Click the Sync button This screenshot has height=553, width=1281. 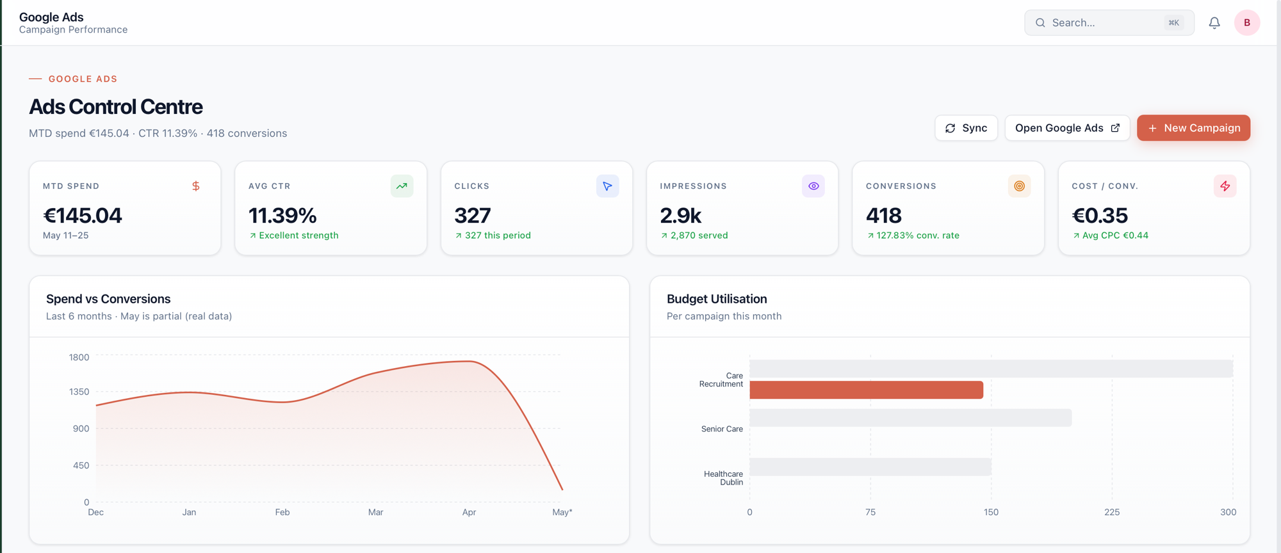pos(966,128)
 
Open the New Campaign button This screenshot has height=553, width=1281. pos(1193,128)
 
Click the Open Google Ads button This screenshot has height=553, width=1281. pos(1067,128)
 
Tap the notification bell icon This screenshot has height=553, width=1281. pos(1214,23)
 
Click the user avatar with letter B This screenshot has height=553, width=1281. pos(1247,23)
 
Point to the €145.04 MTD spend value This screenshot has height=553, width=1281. pos(83,216)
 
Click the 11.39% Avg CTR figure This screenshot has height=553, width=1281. pos(282,216)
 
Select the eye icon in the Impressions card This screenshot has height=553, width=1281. pos(813,186)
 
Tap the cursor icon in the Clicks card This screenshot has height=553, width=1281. pos(607,186)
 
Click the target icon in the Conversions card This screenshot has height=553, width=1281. pos(1019,186)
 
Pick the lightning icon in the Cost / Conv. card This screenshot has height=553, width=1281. pos(1225,186)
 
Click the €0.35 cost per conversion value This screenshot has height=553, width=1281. pos(1100,216)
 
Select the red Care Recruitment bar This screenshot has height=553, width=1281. pos(866,390)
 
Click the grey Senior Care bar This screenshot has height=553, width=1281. pos(910,418)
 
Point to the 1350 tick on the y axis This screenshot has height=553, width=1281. pos(79,392)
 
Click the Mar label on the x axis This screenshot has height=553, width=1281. pos(376,512)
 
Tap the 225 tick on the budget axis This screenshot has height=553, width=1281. pos(1112,512)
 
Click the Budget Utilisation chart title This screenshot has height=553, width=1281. pos(717,299)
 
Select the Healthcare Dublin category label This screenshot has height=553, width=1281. pos(723,478)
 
